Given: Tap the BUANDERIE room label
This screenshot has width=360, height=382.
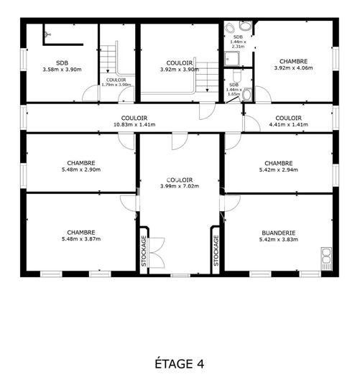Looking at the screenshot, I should point(278,233).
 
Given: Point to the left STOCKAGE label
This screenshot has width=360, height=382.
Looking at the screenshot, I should point(144,252).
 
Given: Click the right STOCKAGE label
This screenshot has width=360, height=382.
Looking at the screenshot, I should point(216,252).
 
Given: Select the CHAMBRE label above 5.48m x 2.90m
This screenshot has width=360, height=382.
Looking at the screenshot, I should point(80,163).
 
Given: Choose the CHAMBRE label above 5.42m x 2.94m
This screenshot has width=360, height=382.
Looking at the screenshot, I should point(278,163).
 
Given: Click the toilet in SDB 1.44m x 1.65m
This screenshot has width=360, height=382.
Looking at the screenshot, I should point(246,93).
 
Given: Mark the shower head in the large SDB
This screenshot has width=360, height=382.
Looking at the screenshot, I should point(47,33).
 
